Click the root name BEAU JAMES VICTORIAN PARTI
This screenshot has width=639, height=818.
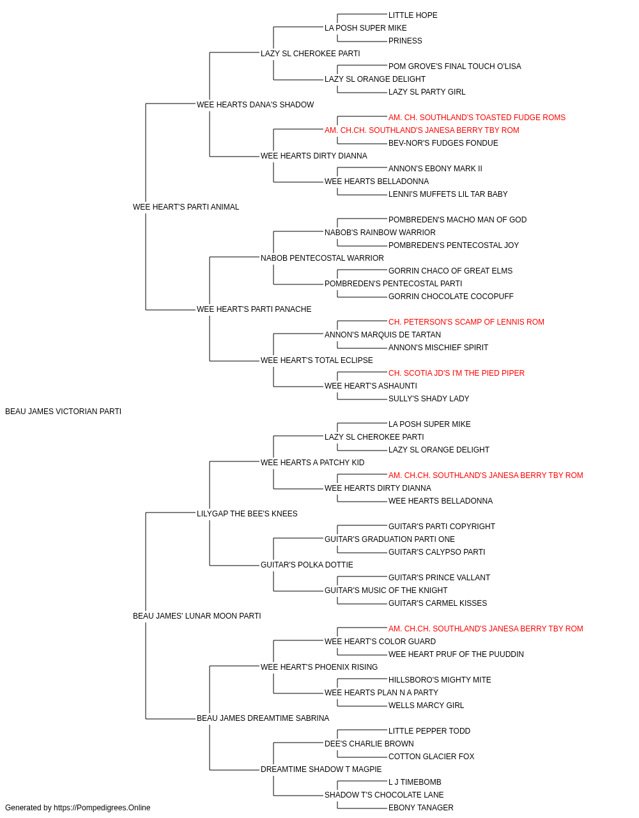(63, 412)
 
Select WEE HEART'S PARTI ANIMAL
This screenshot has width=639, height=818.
(186, 207)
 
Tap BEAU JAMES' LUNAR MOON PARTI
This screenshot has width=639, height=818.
(197, 616)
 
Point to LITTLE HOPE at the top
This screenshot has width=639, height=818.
(413, 15)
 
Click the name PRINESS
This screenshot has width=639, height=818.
(405, 41)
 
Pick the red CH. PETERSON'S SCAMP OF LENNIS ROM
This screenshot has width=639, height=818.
(466, 322)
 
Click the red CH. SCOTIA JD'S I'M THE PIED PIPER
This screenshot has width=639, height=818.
(456, 373)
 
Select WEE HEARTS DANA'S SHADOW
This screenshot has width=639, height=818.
(255, 105)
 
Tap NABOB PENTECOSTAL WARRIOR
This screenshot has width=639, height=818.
(322, 258)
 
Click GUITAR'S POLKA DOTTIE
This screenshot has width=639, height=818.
(307, 565)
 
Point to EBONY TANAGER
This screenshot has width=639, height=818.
(420, 808)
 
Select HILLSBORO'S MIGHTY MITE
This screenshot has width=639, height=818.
(440, 679)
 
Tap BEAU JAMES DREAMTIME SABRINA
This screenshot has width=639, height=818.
(263, 718)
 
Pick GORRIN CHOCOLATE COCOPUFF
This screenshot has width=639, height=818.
(451, 297)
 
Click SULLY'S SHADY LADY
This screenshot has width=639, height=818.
(429, 399)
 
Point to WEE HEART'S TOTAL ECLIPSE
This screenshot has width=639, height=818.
(316, 360)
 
